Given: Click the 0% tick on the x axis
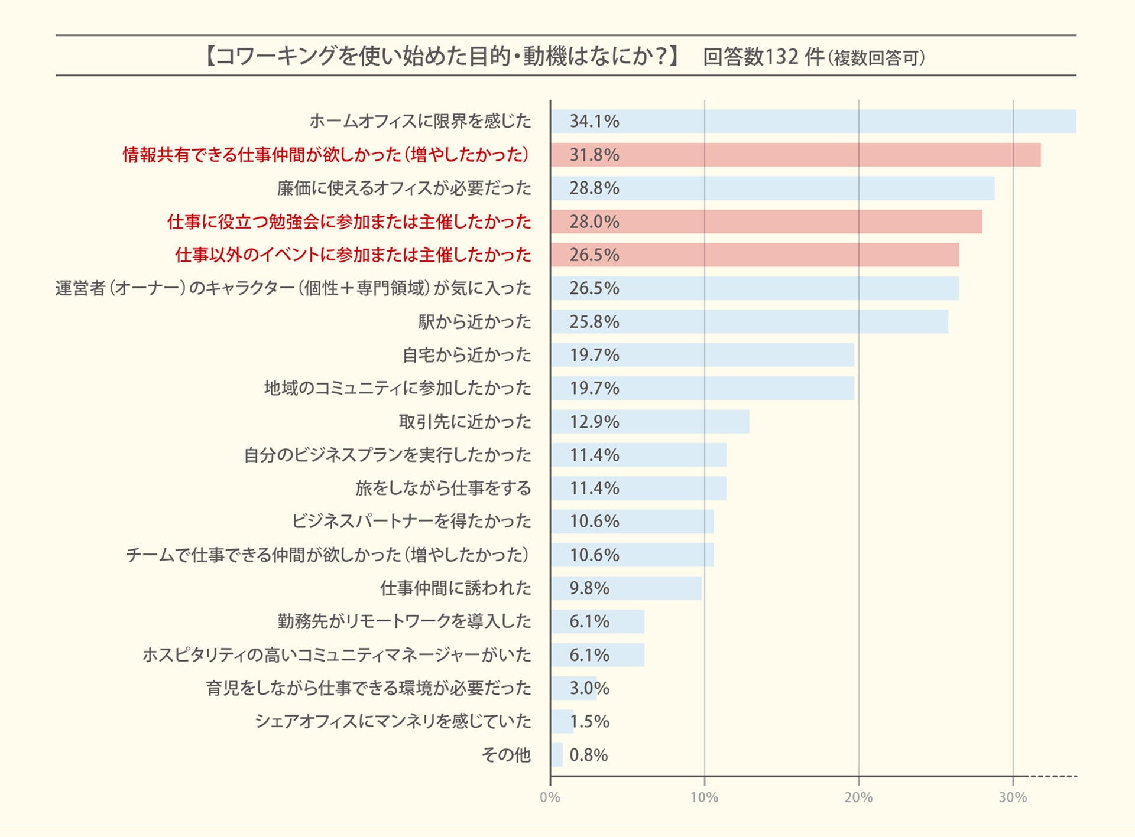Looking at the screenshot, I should (x=550, y=797).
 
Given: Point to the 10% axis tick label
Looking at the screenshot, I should (x=704, y=797).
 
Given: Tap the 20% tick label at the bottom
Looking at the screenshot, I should (x=858, y=797).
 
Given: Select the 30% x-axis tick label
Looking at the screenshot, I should (x=1013, y=797).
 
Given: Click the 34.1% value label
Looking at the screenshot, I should (x=594, y=121).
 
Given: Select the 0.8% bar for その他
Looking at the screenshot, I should (x=557, y=755).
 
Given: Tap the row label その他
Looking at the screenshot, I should (x=506, y=755).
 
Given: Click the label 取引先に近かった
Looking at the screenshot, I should (x=465, y=422).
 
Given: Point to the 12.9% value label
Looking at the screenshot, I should (x=594, y=422).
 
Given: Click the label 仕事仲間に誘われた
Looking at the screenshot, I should (x=456, y=588).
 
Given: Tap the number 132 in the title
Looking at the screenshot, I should (x=782, y=57).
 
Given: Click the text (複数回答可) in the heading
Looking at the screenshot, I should (x=877, y=58).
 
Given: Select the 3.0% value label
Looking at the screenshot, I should (x=589, y=688).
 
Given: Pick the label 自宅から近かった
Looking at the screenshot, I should (x=467, y=355).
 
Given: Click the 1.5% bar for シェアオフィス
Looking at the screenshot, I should (x=562, y=721).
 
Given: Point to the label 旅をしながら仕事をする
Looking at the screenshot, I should (x=443, y=488).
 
